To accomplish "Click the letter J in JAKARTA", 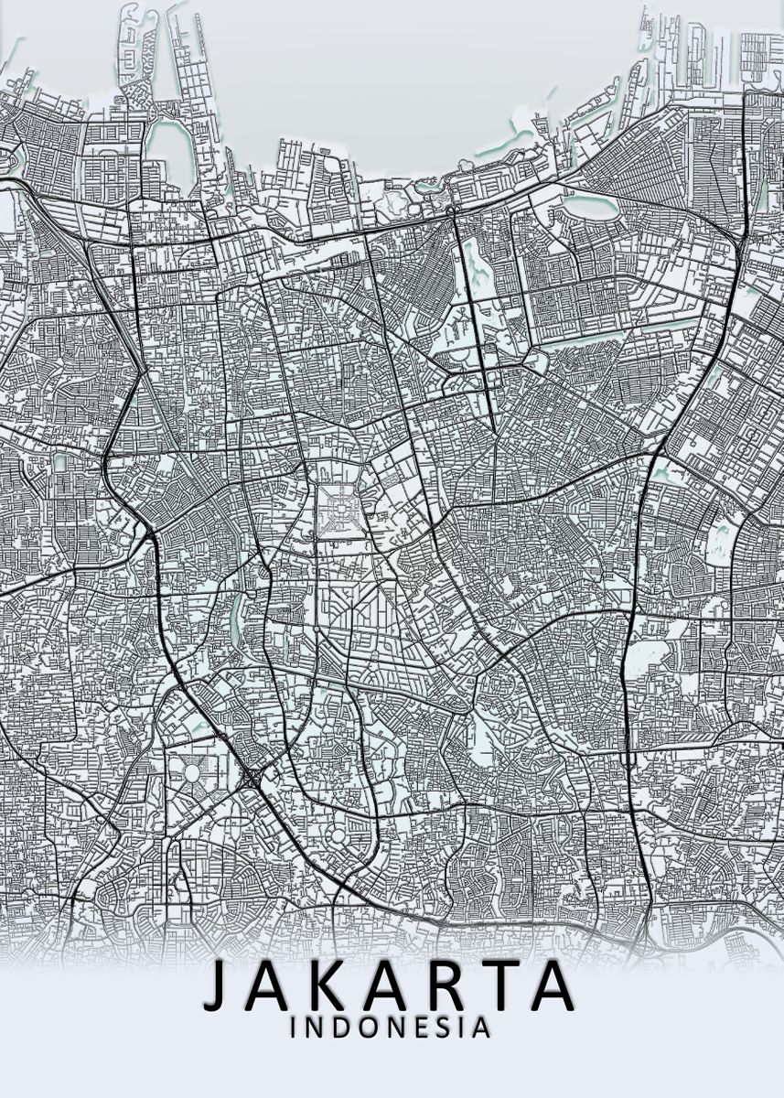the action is (x=217, y=986).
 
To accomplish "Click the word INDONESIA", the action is (x=391, y=1028).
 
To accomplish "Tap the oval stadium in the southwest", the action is (x=193, y=773).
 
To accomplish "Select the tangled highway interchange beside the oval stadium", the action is (x=250, y=779).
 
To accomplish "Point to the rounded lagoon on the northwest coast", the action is (x=167, y=147).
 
